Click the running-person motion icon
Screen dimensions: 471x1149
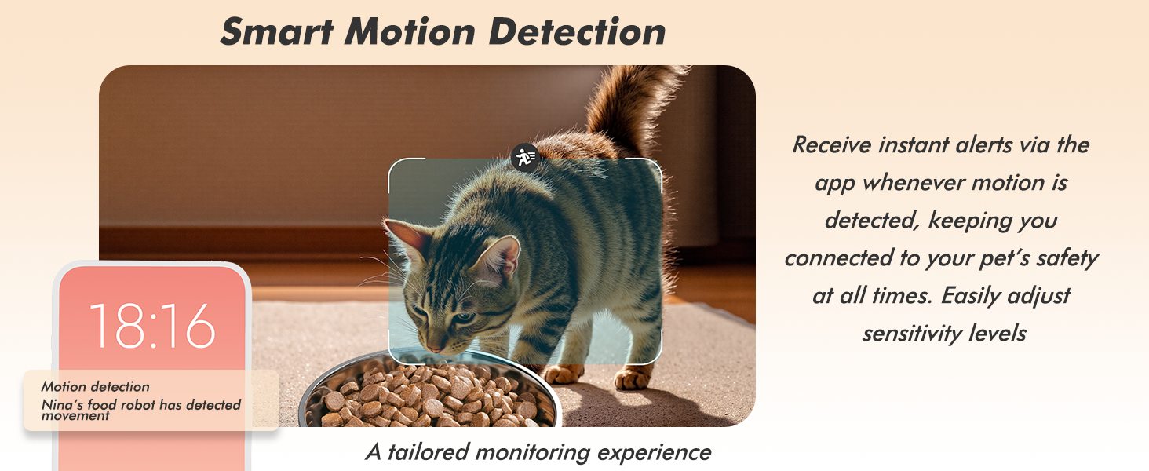(x=525, y=157)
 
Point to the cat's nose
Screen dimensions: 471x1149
(x=433, y=345)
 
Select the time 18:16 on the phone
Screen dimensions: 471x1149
(x=152, y=325)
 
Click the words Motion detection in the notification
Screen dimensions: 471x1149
(x=95, y=386)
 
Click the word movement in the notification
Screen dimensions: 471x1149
(x=76, y=416)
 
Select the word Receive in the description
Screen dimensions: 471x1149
(x=836, y=145)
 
